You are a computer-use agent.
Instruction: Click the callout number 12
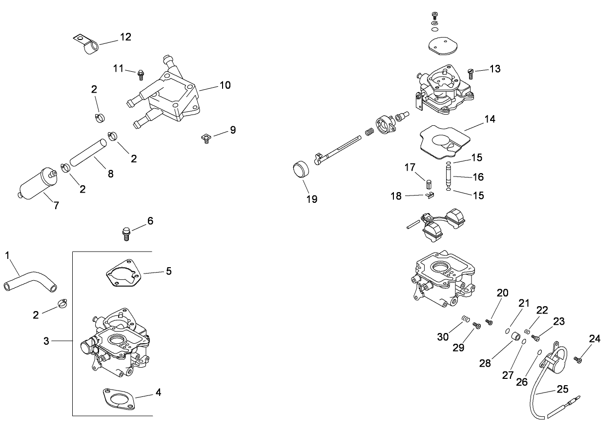pos(125,37)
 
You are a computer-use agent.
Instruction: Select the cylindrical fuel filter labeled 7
pos(36,185)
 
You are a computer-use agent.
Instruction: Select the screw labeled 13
pos(471,73)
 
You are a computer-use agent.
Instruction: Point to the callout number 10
pos(225,85)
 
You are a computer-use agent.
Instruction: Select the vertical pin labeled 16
pos(449,176)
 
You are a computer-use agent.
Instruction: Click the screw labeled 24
pos(578,360)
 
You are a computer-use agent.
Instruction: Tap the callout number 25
pos(562,390)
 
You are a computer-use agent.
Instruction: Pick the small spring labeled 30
pos(466,320)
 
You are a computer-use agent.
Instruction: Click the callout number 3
pos(46,341)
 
